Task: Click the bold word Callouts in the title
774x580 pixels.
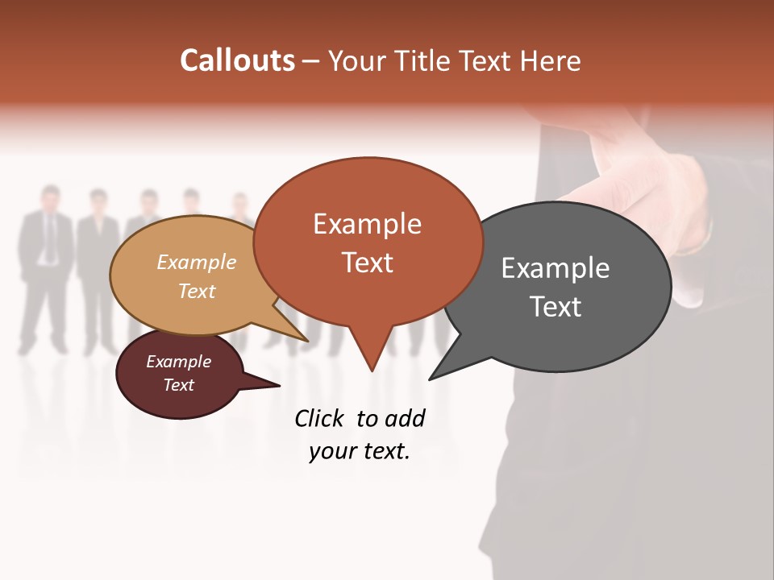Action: (237, 60)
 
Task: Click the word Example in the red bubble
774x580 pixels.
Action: (367, 224)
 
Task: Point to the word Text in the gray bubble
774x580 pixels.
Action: (556, 307)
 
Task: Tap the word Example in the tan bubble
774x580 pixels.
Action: (197, 263)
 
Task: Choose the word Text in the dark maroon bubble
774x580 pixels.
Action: (179, 385)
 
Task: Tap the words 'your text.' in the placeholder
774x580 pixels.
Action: (360, 452)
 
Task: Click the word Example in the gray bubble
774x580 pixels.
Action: (556, 268)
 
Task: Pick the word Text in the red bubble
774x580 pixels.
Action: (368, 263)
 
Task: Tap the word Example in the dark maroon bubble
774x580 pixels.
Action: (179, 362)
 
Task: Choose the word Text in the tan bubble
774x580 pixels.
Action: (198, 291)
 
